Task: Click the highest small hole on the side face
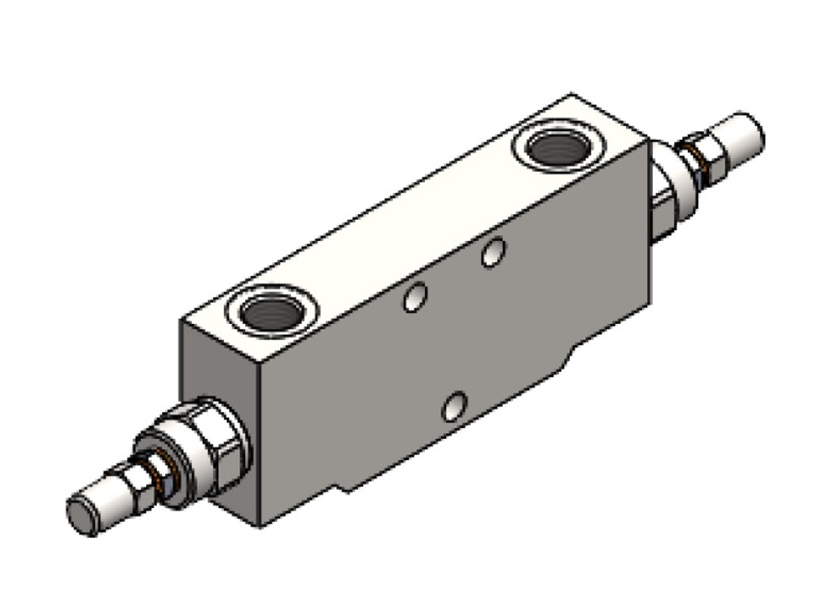tap(491, 253)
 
